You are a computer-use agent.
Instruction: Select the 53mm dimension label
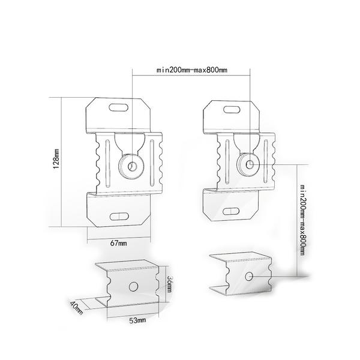tap(137, 321)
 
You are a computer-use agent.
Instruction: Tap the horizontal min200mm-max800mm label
tap(192, 70)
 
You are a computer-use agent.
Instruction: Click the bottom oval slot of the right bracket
tap(231, 212)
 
